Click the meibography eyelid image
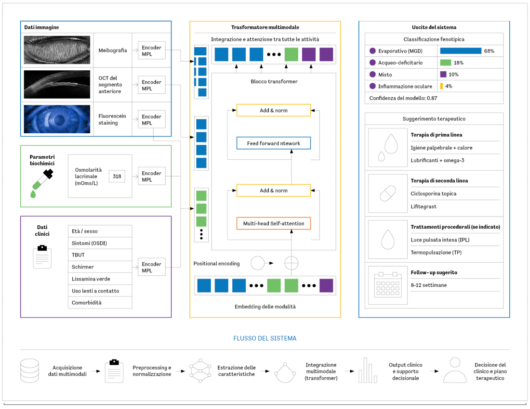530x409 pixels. click(x=57, y=50)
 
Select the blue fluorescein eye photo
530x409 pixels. click(x=57, y=119)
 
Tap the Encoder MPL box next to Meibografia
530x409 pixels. click(x=151, y=51)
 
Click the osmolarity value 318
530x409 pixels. click(x=117, y=176)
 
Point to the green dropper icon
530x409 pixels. click(x=41, y=184)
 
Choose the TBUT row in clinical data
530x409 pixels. click(x=100, y=255)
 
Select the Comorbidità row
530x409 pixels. click(x=100, y=303)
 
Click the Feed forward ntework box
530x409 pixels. click(x=274, y=143)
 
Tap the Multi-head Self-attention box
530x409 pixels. click(x=274, y=223)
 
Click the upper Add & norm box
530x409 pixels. click(x=274, y=110)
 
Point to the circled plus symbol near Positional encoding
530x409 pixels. click(x=291, y=263)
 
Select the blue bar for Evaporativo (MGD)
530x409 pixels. click(x=461, y=51)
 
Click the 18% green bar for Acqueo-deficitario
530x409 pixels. click(x=446, y=63)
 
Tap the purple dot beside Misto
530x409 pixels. click(x=372, y=75)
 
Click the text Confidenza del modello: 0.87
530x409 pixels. click(x=403, y=98)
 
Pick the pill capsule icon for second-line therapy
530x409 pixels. click(x=388, y=193)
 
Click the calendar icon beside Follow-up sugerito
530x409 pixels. click(x=388, y=285)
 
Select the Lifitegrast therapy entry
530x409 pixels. click(x=424, y=206)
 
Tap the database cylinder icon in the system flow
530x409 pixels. click(x=30, y=371)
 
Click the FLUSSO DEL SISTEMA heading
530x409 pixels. click(x=265, y=338)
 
